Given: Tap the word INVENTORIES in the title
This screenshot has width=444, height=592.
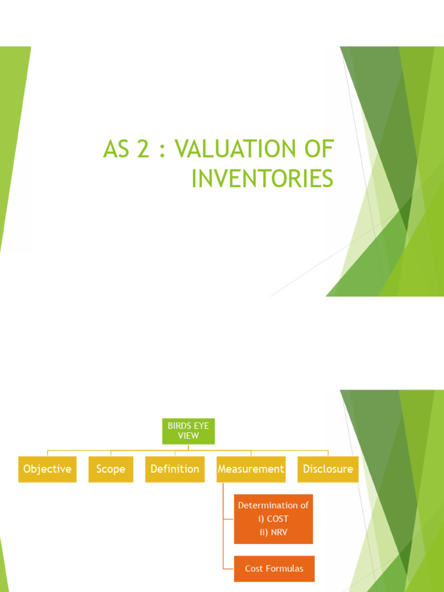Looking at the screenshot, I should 262,179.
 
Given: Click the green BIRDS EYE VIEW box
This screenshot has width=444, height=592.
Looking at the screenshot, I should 188,431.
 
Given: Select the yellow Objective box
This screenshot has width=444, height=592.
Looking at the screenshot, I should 47,469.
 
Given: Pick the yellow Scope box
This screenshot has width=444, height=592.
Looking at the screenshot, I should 110,469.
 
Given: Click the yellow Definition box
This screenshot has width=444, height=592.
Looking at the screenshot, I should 175,469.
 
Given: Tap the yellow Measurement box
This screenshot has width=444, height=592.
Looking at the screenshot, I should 251,469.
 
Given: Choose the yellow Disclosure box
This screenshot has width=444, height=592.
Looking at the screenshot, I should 328,469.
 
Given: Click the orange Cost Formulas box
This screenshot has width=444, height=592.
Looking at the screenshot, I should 273,569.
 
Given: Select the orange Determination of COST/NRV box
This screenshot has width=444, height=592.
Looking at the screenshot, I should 273,519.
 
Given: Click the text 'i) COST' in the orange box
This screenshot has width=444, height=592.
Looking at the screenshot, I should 273,519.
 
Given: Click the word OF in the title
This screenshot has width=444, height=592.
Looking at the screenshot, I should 319,150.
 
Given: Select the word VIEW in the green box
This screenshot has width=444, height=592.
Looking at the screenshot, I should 188,436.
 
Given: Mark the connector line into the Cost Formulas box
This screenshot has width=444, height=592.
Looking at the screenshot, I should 228,569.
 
